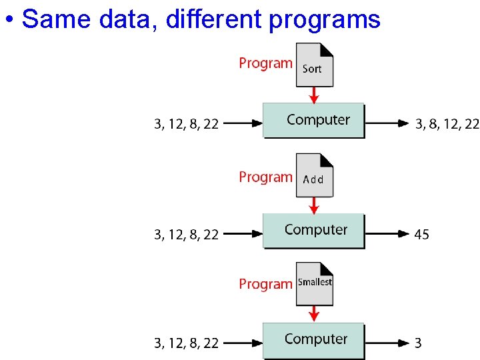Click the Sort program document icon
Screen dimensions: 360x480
(314, 65)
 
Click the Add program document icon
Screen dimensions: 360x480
(314, 176)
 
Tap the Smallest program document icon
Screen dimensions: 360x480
(314, 284)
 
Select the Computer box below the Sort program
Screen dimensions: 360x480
(314, 121)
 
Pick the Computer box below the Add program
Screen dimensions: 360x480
(314, 231)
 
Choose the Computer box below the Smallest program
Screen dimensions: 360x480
(314, 340)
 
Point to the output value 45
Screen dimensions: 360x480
(422, 235)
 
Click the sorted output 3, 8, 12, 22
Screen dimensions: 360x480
(447, 124)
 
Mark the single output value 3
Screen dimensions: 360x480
(418, 344)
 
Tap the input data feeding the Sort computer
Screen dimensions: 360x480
(187, 124)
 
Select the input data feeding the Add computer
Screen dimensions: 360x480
(187, 235)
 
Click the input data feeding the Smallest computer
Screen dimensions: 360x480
(187, 344)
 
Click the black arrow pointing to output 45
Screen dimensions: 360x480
(387, 234)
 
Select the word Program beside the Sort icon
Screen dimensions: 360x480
(265, 64)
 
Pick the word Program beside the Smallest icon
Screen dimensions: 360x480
(265, 285)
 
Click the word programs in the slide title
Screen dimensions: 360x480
(325, 20)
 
